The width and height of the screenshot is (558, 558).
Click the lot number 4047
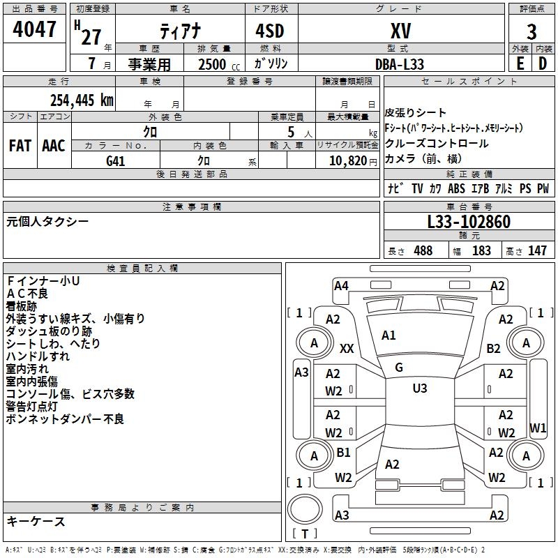35,29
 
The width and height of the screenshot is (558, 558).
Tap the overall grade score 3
531,31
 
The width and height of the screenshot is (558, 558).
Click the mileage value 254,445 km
82,100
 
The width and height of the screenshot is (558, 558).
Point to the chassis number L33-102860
469,222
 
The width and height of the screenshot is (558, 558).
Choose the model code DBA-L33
399,63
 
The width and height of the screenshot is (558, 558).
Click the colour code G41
115,160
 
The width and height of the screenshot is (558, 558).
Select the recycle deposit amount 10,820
347,160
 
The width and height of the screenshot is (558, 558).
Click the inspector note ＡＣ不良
28,293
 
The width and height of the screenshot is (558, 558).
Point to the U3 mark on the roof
419,389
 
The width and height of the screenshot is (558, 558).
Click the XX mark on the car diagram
347,348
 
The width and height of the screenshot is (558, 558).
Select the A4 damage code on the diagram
341,285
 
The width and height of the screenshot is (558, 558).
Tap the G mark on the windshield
399,368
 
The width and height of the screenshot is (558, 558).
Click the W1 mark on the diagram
538,427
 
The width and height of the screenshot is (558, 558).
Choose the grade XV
400,31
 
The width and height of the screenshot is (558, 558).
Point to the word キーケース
36,522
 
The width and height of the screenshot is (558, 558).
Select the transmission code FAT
20,146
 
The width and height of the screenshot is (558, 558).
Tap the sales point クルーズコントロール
437,144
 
